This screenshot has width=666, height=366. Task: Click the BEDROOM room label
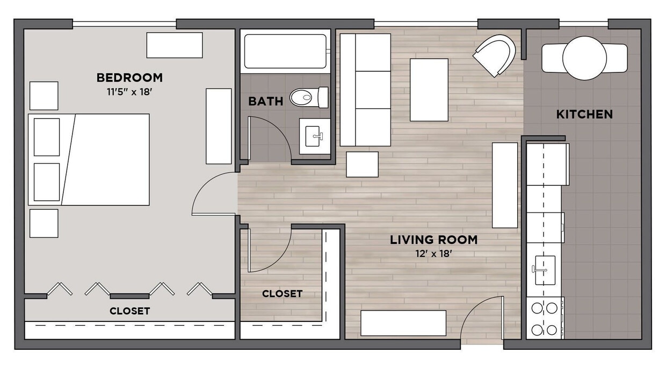click(x=129, y=78)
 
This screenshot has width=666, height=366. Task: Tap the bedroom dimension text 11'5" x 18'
click(x=129, y=92)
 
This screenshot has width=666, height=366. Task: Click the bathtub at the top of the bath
click(x=285, y=52)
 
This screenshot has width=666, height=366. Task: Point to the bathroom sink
click(x=314, y=136)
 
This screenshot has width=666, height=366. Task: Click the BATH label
click(x=265, y=101)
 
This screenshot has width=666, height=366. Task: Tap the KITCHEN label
click(x=584, y=114)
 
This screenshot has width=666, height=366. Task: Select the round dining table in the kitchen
click(x=584, y=58)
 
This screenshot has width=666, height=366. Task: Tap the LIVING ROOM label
click(x=433, y=240)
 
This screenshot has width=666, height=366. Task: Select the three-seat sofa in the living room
click(x=366, y=90)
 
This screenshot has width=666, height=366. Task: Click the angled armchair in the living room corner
click(x=495, y=55)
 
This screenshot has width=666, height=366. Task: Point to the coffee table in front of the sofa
click(x=429, y=90)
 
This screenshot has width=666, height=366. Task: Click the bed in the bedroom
click(x=89, y=159)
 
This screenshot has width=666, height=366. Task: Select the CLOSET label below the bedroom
click(x=129, y=311)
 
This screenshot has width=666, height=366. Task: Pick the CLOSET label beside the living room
click(x=282, y=294)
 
